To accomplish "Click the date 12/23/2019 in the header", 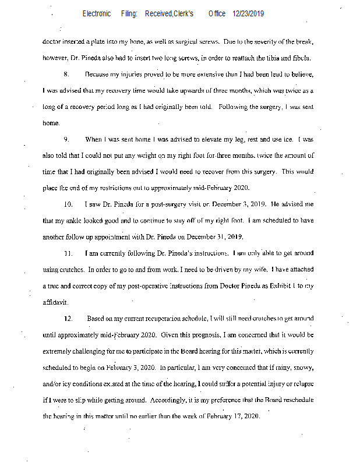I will (249, 13).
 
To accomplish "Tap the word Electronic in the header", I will (97, 13).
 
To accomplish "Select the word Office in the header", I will (217, 13).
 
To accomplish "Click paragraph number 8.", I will (67, 75).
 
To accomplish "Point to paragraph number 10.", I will (68, 204).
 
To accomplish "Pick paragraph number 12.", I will (68, 319).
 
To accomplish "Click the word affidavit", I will (55, 302).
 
